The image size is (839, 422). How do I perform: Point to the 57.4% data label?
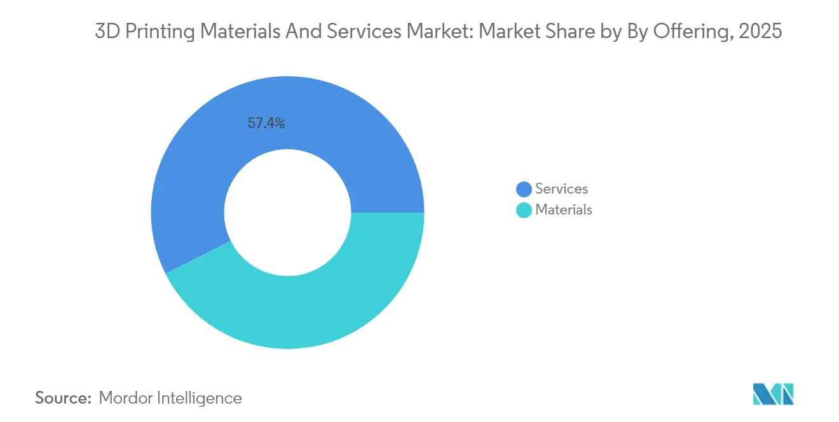pyautogui.click(x=266, y=123)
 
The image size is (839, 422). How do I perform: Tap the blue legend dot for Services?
pyautogui.click(x=524, y=189)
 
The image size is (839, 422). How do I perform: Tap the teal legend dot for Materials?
pyautogui.click(x=524, y=210)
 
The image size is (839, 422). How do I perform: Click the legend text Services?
pyautogui.click(x=561, y=189)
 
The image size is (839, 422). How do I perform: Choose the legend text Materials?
pyautogui.click(x=564, y=210)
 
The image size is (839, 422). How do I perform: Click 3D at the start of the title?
pyautogui.click(x=107, y=32)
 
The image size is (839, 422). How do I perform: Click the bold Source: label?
pyautogui.click(x=64, y=399)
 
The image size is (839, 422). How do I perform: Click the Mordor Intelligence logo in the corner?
pyautogui.click(x=773, y=394)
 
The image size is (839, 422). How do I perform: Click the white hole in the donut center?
pyautogui.click(x=287, y=213)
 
